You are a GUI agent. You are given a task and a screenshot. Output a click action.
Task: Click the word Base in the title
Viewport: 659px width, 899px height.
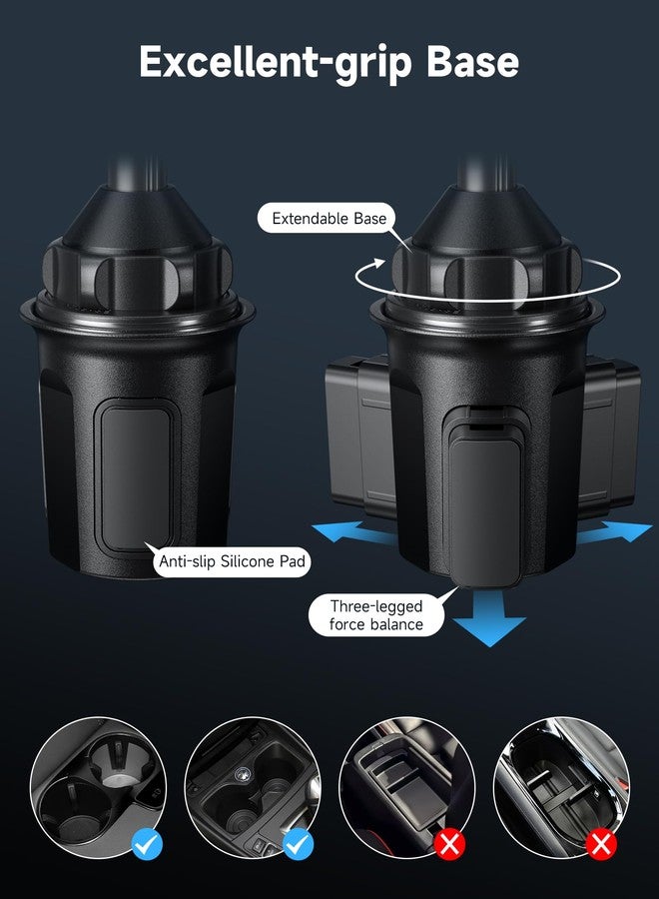[472, 62]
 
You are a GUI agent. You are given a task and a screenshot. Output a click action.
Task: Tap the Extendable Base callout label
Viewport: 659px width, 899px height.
[329, 218]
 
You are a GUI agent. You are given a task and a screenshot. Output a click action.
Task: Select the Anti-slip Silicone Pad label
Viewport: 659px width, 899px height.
[231, 562]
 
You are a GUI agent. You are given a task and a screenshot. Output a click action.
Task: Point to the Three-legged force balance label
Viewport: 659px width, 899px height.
[376, 615]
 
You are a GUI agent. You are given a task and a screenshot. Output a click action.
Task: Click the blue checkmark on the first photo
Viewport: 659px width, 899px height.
[147, 846]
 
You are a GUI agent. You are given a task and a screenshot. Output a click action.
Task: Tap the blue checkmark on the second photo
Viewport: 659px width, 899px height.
[299, 846]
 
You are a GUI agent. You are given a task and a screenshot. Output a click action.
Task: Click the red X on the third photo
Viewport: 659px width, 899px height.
[450, 846]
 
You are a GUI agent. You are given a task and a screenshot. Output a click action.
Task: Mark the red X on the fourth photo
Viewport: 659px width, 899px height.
[601, 846]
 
